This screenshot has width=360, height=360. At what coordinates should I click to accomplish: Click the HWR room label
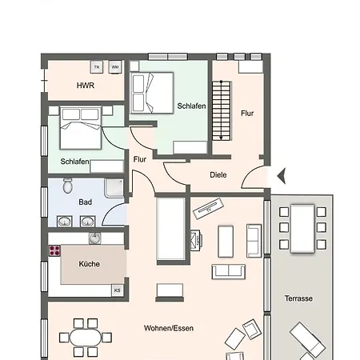(86, 86)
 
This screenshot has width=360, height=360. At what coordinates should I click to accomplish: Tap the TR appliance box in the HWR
(97, 67)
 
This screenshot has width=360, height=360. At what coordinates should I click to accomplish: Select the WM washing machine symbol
(115, 67)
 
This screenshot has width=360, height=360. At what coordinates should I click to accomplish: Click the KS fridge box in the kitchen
(117, 290)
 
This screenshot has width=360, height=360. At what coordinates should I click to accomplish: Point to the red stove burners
(54, 250)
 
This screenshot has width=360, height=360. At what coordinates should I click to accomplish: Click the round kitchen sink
(94, 238)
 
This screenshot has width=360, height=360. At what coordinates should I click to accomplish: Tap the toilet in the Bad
(68, 186)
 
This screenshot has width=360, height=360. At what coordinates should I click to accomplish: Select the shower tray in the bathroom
(114, 188)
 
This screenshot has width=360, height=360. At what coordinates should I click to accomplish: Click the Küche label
(90, 264)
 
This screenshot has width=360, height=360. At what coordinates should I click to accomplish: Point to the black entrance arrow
(282, 176)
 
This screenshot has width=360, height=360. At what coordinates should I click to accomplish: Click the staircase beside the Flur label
(222, 110)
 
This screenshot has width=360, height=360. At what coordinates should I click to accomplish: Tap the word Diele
(218, 175)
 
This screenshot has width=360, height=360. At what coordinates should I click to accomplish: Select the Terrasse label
(298, 298)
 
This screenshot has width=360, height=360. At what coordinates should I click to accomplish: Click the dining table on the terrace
(302, 229)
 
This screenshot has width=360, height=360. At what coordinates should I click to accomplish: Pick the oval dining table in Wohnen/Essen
(86, 338)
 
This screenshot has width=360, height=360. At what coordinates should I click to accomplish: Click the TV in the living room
(208, 208)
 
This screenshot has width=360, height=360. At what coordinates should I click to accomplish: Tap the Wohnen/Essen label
(169, 328)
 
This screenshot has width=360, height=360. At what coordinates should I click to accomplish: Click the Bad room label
(86, 202)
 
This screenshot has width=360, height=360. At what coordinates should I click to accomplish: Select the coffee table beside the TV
(226, 242)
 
